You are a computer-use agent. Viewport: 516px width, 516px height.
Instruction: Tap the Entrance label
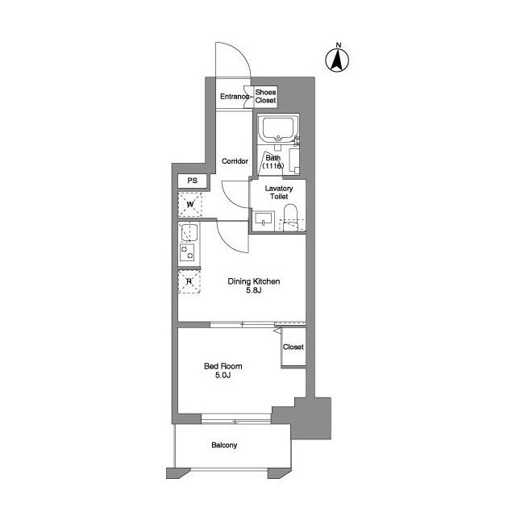[235, 97]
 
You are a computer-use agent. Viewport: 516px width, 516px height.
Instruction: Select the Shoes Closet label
[265, 96]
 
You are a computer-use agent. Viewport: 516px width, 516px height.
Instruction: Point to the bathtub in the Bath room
[277, 129]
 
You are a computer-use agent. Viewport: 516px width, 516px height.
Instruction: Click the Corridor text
[235, 161]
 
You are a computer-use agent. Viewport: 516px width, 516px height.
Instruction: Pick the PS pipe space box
[192, 181]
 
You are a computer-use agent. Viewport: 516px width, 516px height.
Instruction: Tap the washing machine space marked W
[190, 204]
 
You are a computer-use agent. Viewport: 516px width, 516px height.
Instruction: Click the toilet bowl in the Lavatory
[290, 217]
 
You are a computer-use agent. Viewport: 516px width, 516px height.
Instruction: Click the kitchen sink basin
[189, 232]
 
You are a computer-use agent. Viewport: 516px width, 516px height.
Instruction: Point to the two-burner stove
[187, 252]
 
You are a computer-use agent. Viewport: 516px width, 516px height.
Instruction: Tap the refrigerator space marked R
[189, 281]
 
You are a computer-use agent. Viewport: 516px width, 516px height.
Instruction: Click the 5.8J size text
[254, 290]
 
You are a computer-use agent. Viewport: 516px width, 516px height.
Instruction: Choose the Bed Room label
[223, 366]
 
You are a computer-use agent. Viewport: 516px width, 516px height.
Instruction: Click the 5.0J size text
[223, 375]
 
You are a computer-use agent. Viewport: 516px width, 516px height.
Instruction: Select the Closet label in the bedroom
[293, 347]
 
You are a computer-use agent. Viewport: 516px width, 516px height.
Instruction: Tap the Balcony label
[224, 445]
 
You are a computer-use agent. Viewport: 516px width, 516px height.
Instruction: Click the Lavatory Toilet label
[279, 192]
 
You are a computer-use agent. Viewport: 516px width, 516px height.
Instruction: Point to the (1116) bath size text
[273, 166]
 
